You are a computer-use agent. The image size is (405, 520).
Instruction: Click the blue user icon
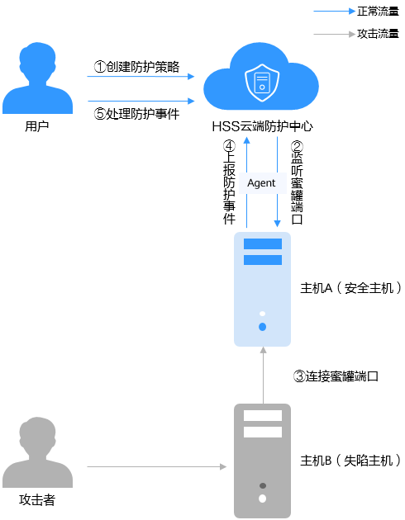tap(37, 79)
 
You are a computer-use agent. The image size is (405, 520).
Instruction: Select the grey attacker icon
tap(37, 452)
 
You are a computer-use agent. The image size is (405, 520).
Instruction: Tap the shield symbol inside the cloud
tap(262, 83)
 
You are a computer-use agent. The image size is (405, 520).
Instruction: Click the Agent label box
tap(262, 182)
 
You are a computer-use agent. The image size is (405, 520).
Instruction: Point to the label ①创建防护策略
tap(136, 67)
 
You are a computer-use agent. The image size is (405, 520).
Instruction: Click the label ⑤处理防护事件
tap(136, 114)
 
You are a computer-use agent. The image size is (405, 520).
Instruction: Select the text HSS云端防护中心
tap(262, 126)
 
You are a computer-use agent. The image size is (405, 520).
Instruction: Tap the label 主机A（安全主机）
tap(350, 287)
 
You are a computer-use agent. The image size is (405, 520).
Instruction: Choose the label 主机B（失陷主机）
tap(350, 460)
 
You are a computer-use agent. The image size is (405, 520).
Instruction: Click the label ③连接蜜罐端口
tap(336, 376)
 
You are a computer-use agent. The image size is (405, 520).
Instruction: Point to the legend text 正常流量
tap(378, 12)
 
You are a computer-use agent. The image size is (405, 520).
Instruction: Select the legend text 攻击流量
tap(378, 34)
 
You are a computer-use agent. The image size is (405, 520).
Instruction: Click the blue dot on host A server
tap(262, 327)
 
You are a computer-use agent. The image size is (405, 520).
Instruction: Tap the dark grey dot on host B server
tap(263, 486)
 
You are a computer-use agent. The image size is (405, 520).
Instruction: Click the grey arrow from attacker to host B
tap(157, 467)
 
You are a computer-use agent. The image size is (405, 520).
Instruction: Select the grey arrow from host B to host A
tap(263, 376)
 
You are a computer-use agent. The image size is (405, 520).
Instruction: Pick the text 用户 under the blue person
tap(37, 126)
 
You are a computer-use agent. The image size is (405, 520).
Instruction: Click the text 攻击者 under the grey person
tap(37, 499)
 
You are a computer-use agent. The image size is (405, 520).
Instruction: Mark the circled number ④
tap(229, 146)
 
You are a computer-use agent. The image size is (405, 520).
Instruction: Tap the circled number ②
tap(297, 146)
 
